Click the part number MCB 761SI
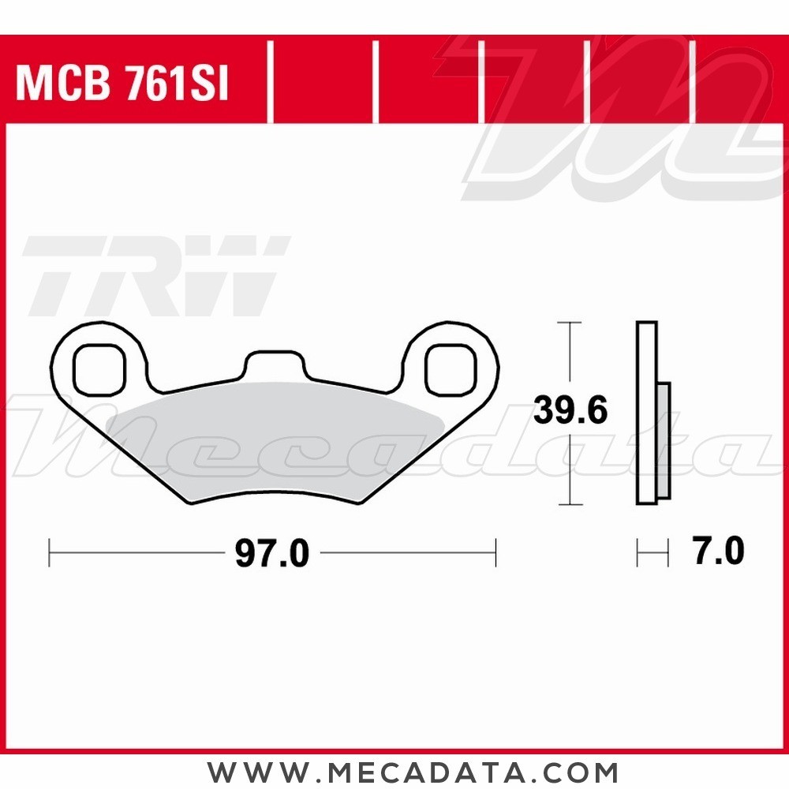click(122, 84)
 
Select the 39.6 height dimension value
click(570, 411)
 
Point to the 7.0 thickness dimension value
click(717, 551)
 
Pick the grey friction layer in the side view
click(664, 441)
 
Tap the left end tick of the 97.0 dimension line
click(50, 552)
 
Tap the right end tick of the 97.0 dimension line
click(495, 552)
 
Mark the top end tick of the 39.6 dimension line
click(570, 323)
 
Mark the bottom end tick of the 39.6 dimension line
click(570, 504)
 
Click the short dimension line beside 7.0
click(653, 552)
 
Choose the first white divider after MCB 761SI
click(271, 83)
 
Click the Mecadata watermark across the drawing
click(394, 450)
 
